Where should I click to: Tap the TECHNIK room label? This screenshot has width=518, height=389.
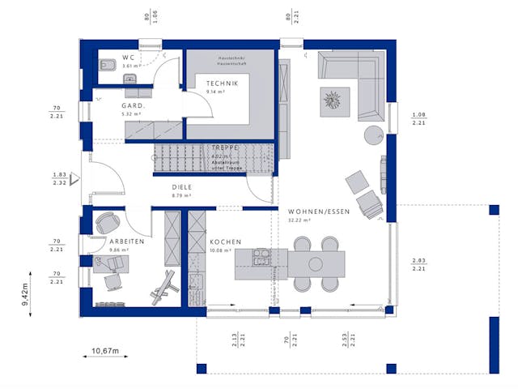222,83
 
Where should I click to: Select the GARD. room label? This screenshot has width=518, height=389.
134,106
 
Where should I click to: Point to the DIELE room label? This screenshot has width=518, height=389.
181,186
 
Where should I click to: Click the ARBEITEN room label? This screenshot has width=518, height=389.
127,242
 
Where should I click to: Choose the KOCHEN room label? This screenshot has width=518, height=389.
226,242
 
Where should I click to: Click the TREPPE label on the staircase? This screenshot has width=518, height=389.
223,147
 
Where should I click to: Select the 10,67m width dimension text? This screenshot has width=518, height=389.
104,350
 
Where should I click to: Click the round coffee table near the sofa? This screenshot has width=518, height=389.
373,134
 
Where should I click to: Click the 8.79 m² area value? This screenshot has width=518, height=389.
181,195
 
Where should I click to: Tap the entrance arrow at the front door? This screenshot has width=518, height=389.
74,178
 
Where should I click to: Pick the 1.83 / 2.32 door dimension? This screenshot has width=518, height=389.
59,178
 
